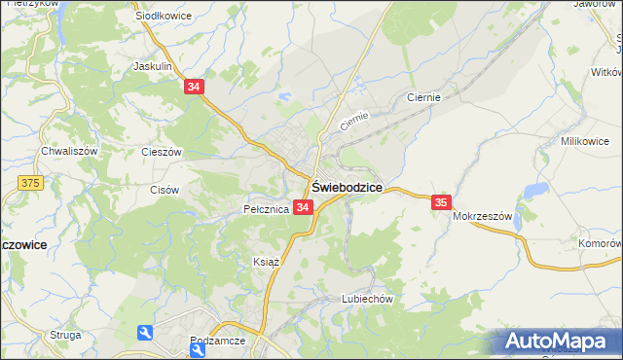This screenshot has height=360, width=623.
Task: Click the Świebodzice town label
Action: (346, 187)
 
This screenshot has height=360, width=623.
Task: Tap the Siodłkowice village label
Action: (164, 17)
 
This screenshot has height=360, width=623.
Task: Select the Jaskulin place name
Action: (153, 66)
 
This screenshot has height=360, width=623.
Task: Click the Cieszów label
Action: (162, 152)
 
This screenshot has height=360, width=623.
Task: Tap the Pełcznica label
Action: (265, 208)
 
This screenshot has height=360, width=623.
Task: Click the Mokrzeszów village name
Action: (482, 217)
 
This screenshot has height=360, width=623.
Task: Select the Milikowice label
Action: (584, 141)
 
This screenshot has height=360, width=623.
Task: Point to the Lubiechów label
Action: (366, 299)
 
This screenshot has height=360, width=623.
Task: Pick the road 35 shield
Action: (441, 201)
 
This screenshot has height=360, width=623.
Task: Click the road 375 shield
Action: (29, 183)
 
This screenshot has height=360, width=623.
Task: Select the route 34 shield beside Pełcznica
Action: (302, 207)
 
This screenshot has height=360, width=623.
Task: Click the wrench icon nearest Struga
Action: (145, 334)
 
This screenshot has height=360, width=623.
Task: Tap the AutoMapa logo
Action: (555, 342)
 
